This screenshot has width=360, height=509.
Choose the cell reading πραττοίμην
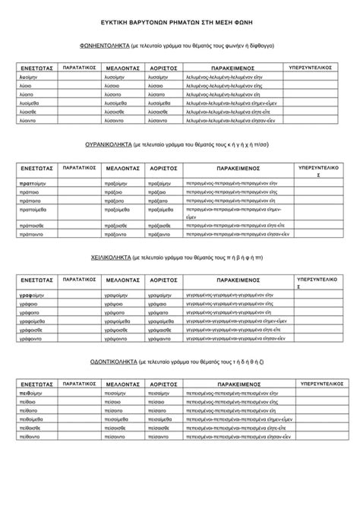click(33, 184)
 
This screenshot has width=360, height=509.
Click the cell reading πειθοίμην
click(31, 395)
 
